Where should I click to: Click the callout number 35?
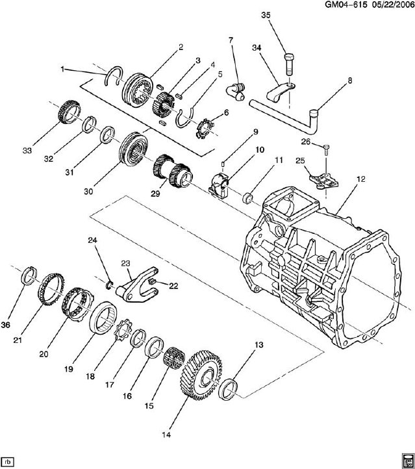coord(266,15)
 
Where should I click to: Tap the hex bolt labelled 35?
coord(289,64)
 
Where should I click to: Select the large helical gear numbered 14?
coord(202,375)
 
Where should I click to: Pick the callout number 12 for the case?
coord(361,179)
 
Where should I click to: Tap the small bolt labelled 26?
coord(326,149)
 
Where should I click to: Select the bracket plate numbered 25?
coord(324,181)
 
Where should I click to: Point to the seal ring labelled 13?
coord(228,390)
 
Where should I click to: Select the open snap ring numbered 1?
coord(114,75)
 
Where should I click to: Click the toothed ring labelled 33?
coord(69,112)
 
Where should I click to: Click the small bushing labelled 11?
coord(248,198)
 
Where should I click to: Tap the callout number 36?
coord(5,325)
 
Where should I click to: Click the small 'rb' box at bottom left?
coord(8,460)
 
